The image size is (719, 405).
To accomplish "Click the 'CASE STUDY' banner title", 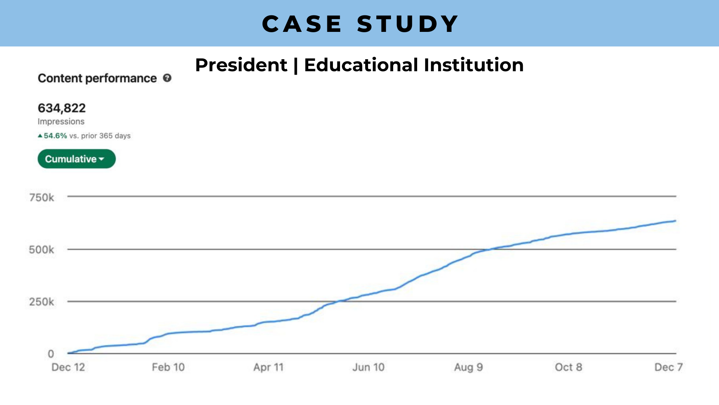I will pyautogui.click(x=360, y=24).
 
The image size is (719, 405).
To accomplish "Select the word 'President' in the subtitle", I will pyautogui.click(x=241, y=65).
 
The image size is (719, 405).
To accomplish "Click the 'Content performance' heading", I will pyautogui.click(x=97, y=78).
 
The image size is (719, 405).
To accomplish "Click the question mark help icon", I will pyautogui.click(x=167, y=78).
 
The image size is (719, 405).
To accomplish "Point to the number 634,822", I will pyautogui.click(x=62, y=108).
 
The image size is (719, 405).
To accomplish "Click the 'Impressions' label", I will pyautogui.click(x=61, y=121).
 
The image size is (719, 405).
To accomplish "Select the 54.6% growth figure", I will pyautogui.click(x=55, y=136).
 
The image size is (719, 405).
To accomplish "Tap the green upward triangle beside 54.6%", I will pyautogui.click(x=40, y=136).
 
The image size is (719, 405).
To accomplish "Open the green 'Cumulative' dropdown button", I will pyautogui.click(x=76, y=159).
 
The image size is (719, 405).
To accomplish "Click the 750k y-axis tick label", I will pyautogui.click(x=42, y=198).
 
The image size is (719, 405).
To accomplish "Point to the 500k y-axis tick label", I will pyautogui.click(x=42, y=250).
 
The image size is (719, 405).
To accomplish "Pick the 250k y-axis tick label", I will pyautogui.click(x=42, y=302).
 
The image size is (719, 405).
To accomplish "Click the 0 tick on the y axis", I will pyautogui.click(x=51, y=354).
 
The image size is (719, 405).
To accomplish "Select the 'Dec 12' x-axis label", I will pyautogui.click(x=68, y=367).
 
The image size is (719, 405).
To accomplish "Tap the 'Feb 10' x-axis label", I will pyautogui.click(x=168, y=367).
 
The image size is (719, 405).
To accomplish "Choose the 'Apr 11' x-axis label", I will pyautogui.click(x=269, y=367).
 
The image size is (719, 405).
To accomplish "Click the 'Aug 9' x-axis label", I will pyautogui.click(x=468, y=367).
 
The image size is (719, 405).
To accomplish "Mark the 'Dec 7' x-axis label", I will pyautogui.click(x=668, y=367).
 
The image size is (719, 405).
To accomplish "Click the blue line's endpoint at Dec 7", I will pyautogui.click(x=675, y=221).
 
